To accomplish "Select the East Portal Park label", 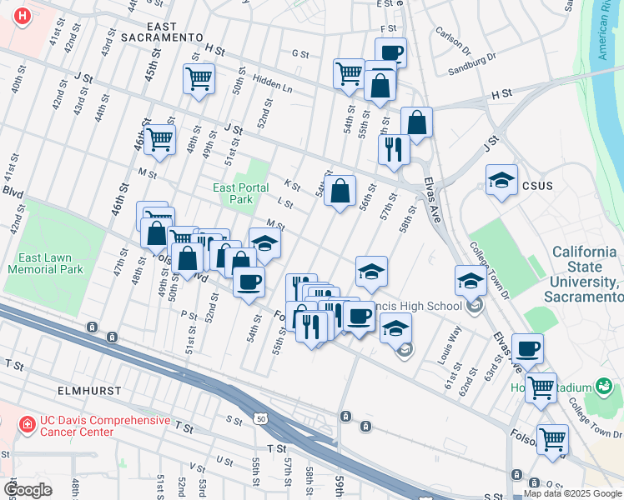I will pos(240,193).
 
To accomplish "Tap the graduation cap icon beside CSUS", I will pos(501,181).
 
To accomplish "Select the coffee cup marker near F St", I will pos(390,53).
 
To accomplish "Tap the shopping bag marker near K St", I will pos(340,191).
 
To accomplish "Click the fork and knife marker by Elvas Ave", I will pos(393,149).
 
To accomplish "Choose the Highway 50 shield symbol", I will pos(263,419).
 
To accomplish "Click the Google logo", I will pos(28,490).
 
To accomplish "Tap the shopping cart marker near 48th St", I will pos(199,79).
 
